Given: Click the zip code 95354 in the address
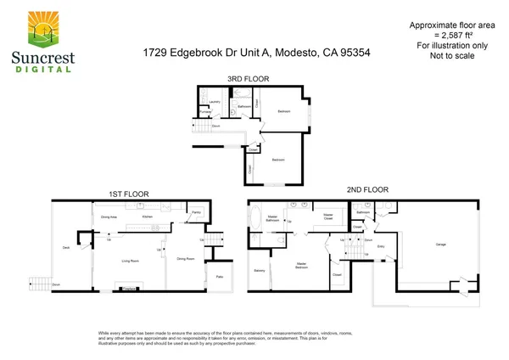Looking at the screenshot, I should (354, 53).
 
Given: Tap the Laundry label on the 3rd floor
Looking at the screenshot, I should (215, 102).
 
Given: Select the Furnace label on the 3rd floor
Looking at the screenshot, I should (204, 113).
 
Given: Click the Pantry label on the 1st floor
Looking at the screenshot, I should (195, 212).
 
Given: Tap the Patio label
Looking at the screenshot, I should (219, 278).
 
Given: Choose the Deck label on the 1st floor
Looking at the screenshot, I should (65, 248).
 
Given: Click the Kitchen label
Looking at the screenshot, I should (147, 217).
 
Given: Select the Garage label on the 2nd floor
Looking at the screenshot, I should (440, 245).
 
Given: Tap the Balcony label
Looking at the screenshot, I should (260, 271).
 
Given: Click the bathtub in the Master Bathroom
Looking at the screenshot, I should (261, 224).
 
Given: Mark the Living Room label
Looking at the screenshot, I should (129, 261).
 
